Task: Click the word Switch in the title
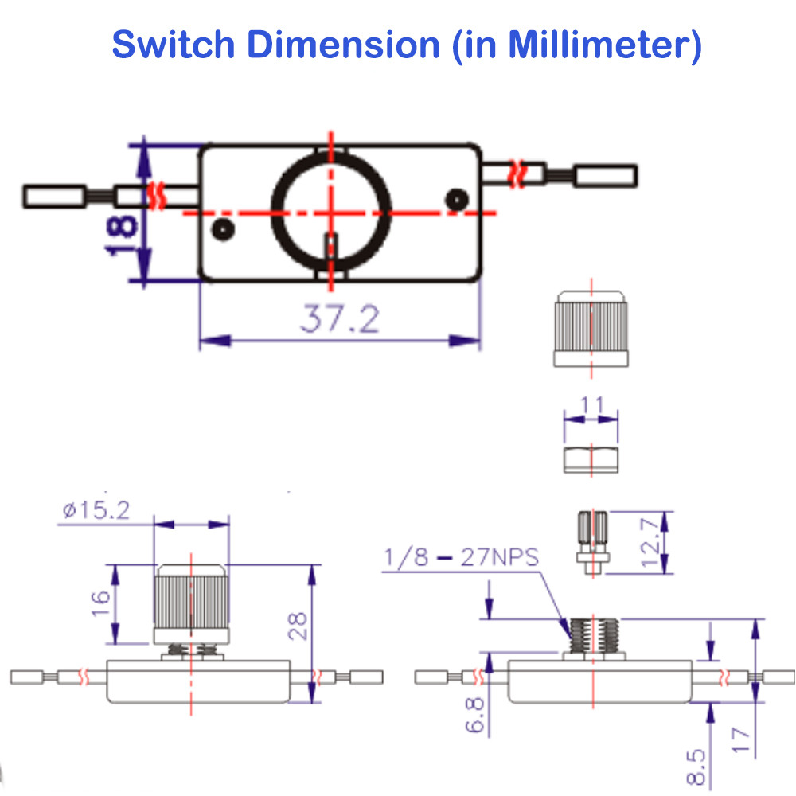173,44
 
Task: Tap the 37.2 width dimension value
340,319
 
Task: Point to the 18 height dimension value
121,235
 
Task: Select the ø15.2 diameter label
96,509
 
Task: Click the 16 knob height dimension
101,603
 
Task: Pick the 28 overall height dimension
298,626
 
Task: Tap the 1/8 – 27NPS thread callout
461,557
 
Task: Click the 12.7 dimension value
650,543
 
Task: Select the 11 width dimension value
591,404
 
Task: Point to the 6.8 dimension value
475,715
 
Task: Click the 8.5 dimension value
696,767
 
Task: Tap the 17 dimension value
741,740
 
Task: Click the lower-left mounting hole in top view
223,229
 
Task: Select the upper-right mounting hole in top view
457,200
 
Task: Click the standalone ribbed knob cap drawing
591,329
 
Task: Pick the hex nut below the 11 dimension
591,460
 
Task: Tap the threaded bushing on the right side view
594,635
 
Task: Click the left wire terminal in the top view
54,197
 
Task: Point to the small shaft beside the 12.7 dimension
593,543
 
